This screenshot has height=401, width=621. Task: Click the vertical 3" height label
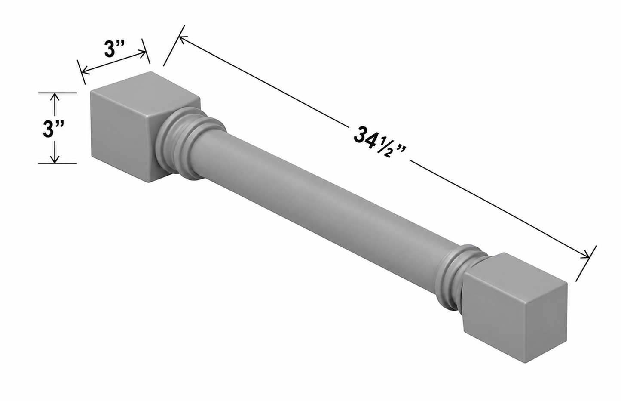(x=54, y=129)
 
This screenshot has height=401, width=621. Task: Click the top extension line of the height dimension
(x=58, y=93)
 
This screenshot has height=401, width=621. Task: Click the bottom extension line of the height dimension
(x=58, y=163)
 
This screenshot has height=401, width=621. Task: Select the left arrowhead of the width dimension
(x=86, y=71)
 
